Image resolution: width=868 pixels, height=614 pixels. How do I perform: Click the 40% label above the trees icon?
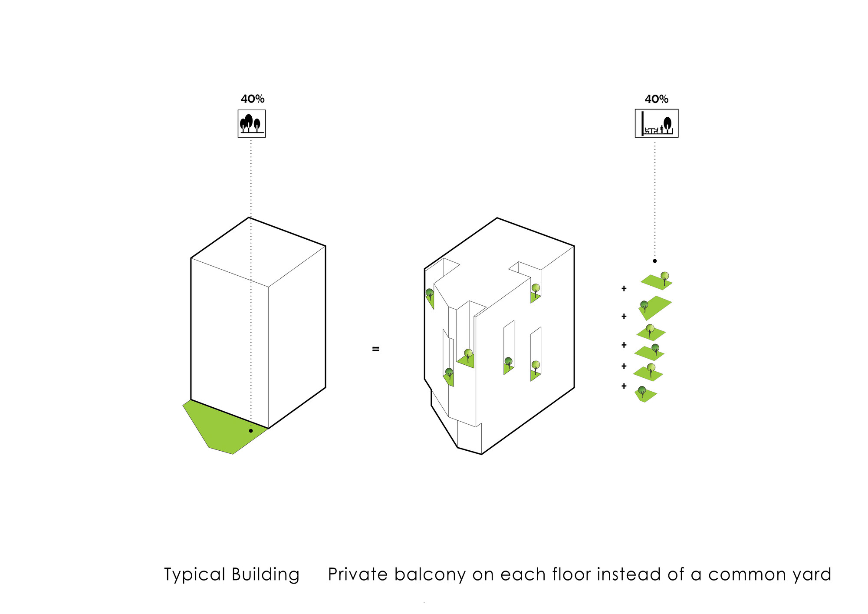(x=253, y=99)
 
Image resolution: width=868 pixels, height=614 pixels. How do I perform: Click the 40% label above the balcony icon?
(x=656, y=99)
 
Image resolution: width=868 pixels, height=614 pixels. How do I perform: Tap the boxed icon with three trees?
(x=252, y=124)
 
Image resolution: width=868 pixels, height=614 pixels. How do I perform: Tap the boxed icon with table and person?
(x=657, y=124)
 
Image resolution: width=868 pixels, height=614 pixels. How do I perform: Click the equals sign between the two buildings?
(x=376, y=349)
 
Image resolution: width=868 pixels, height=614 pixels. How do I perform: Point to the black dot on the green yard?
(x=251, y=431)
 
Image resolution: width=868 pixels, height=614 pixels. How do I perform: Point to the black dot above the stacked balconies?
(x=655, y=261)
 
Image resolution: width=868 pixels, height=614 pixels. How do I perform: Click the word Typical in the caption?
(x=194, y=575)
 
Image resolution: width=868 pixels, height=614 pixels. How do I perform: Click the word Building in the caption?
(x=266, y=574)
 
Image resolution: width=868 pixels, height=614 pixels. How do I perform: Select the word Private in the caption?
(x=358, y=574)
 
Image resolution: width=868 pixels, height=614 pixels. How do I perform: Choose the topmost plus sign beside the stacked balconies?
(x=624, y=288)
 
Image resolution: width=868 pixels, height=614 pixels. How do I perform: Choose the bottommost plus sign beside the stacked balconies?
(x=624, y=386)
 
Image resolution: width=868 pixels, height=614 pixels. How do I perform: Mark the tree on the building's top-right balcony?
(x=536, y=288)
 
